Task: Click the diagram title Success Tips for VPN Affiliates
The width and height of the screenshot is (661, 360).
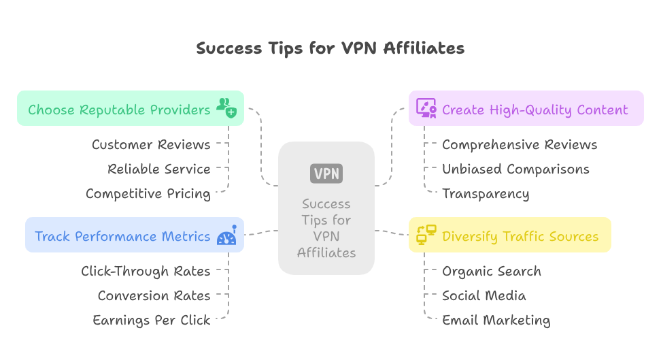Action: [330, 48]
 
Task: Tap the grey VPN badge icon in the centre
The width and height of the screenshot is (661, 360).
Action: [326, 174]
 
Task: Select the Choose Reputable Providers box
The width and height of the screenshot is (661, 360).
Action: [119, 109]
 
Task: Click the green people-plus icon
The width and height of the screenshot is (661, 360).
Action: [226, 108]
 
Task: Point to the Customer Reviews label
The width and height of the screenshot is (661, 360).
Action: [151, 144]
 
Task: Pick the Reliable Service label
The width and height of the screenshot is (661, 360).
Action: [159, 169]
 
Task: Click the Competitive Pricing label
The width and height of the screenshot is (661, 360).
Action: [148, 194]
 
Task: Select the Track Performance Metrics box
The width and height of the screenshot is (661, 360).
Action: [122, 236]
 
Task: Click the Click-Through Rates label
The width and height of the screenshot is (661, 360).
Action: [146, 271]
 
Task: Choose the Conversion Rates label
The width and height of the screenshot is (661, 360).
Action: [154, 295]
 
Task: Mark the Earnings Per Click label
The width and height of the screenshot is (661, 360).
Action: [151, 321]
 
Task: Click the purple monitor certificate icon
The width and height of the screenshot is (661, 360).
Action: [426, 108]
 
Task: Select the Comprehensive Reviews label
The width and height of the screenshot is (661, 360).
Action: [520, 144]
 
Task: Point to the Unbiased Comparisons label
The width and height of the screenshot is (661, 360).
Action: [515, 169]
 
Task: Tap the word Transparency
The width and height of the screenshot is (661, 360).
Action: [486, 194]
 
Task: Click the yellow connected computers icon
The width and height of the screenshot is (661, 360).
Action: [426, 235]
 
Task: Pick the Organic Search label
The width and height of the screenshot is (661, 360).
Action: [492, 271]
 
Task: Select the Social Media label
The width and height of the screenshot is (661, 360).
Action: [484, 295]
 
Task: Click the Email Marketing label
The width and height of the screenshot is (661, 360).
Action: [496, 321]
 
